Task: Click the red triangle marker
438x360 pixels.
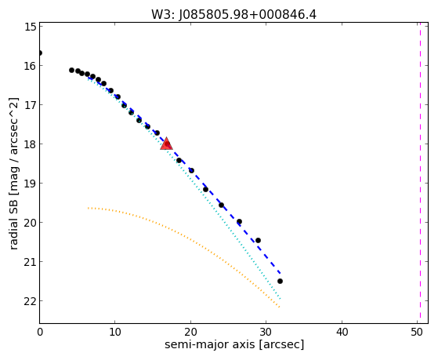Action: pos(166,144)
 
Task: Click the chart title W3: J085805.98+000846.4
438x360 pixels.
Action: pos(233,15)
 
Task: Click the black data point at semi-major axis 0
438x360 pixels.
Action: pos(40,53)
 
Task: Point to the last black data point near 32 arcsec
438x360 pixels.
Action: pos(280,281)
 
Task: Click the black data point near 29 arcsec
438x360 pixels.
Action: pos(258,240)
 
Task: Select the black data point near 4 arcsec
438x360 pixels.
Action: pos(71,71)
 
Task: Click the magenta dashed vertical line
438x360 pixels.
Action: pos(420,173)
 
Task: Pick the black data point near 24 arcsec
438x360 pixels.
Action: pos(221,205)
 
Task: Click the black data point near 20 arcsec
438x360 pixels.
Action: pos(191,170)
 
